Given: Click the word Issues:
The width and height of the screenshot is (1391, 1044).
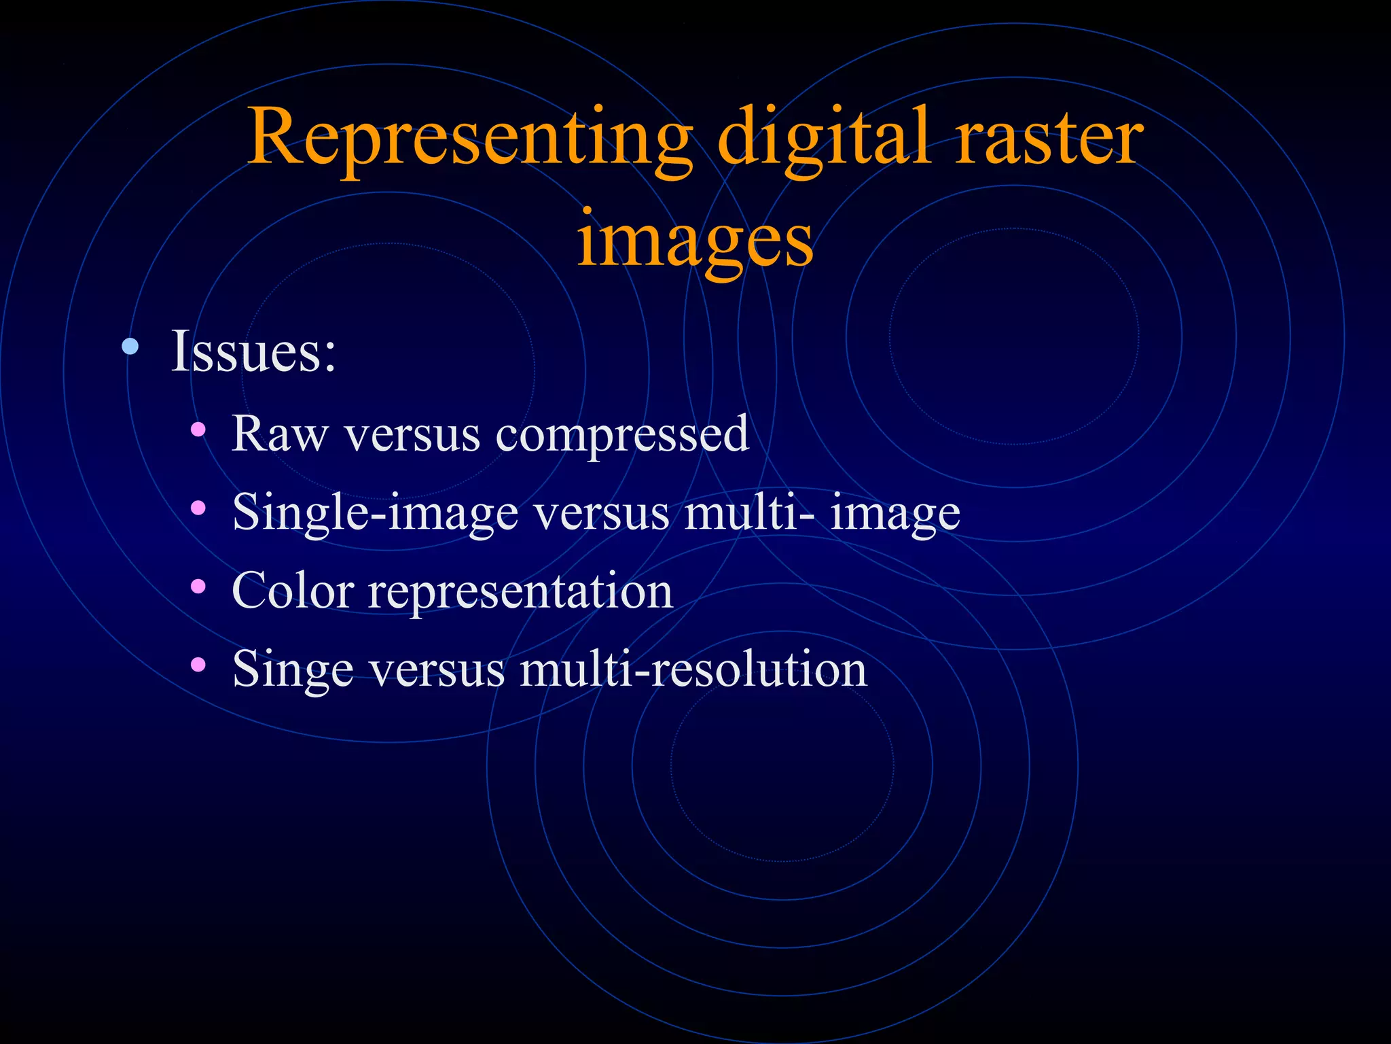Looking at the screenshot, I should click(x=253, y=351).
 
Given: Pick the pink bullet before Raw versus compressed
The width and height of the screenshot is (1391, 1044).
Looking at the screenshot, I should click(x=198, y=430).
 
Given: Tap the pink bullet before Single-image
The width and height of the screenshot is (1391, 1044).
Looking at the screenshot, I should click(x=198, y=508).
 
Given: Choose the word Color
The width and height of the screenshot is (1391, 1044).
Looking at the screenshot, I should click(x=293, y=590).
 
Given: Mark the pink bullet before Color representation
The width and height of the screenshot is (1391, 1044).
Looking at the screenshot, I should click(x=198, y=586).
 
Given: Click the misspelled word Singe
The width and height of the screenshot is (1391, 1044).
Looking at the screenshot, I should click(x=293, y=669).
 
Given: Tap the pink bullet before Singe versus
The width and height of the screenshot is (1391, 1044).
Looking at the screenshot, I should click(x=198, y=664).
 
